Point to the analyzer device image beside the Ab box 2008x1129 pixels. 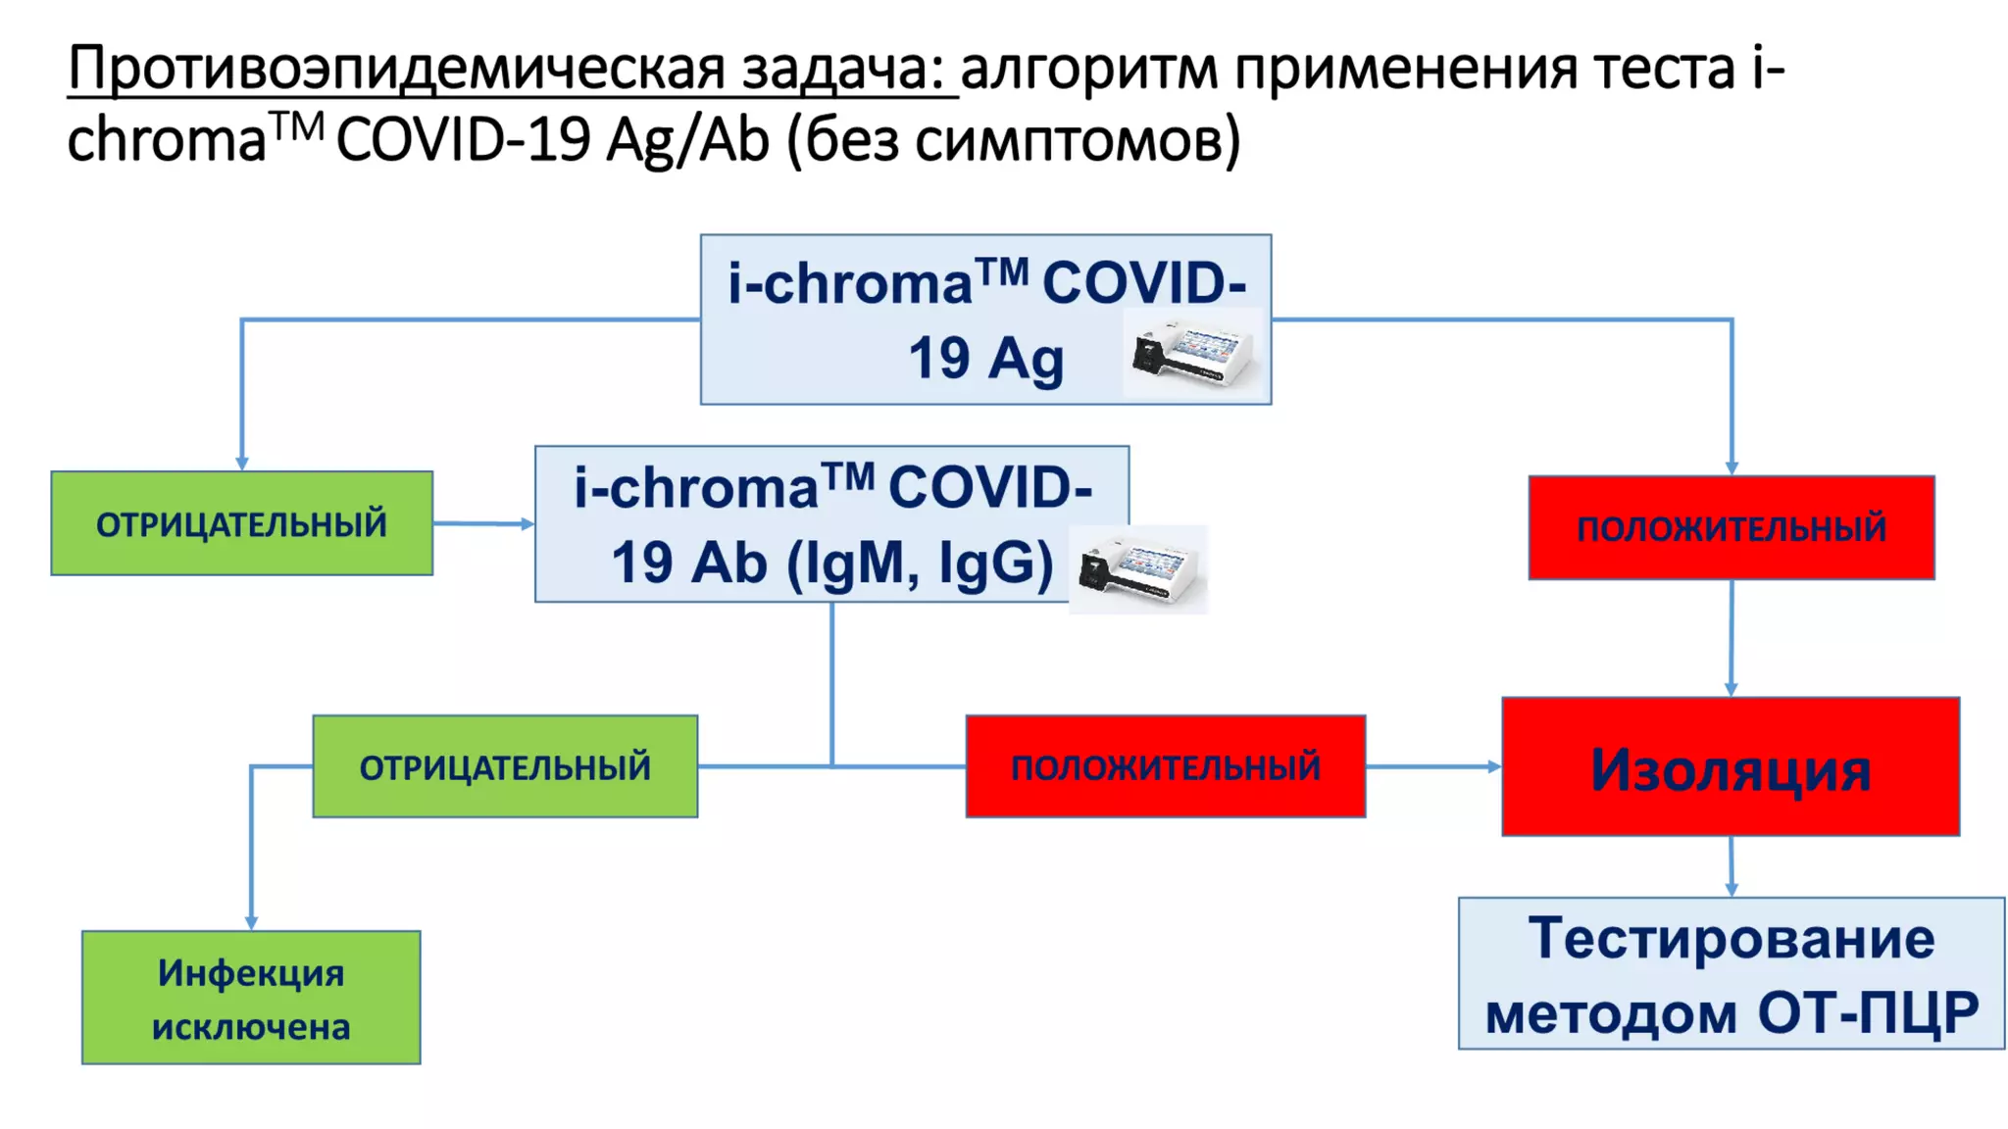[1137, 569]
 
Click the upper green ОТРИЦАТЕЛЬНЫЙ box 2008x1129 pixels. [241, 523]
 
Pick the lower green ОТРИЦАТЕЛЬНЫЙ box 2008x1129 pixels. [505, 766]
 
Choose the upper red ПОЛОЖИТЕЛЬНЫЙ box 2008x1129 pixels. [1731, 528]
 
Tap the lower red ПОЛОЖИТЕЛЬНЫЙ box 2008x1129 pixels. [1165, 766]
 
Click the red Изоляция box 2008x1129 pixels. [1731, 766]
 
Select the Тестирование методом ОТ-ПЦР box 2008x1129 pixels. [1731, 973]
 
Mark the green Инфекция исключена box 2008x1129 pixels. [251, 998]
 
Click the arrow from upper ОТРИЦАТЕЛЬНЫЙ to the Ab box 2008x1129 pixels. [484, 523]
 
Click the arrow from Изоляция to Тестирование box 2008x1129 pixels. [1732, 866]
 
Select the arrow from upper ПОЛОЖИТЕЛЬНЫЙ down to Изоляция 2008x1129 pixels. [1732, 638]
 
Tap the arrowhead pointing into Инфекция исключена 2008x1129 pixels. [252, 922]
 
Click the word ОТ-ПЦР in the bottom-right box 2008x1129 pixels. [1868, 1012]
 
